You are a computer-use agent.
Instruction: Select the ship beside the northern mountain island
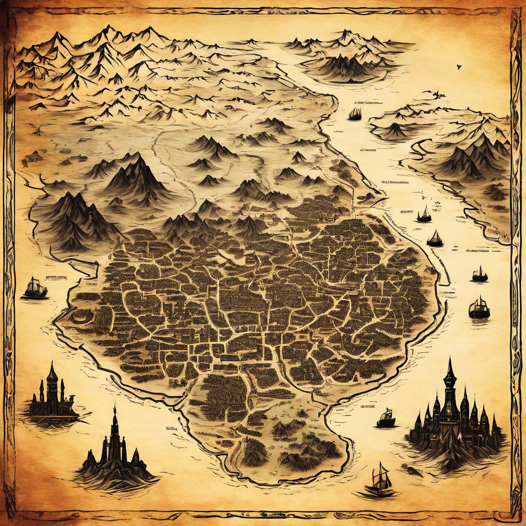355,114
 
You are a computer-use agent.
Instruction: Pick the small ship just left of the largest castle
386,418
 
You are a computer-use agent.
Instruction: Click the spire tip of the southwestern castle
115,409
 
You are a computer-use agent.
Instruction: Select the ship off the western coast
35,289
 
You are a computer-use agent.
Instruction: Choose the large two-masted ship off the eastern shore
479,308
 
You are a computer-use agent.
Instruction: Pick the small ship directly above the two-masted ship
480,274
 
